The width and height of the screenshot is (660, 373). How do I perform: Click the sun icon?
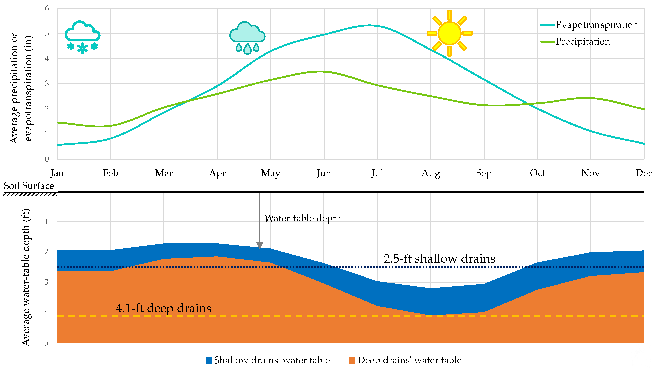pyautogui.click(x=449, y=33)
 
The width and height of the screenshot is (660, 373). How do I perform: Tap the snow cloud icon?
pyautogui.click(x=82, y=37)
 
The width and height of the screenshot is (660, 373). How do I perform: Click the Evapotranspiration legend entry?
pyautogui.click(x=596, y=25)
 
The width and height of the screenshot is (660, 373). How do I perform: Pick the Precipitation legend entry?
pyautogui.click(x=582, y=42)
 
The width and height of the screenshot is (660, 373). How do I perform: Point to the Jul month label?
pyautogui.click(x=377, y=173)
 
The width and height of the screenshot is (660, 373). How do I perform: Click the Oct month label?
pyautogui.click(x=537, y=173)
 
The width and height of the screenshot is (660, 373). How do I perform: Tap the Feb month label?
pyautogui.click(x=110, y=173)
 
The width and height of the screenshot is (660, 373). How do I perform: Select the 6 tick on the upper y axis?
pyautogui.click(x=47, y=9)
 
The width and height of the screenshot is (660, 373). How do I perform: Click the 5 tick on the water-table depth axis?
pyautogui.click(x=46, y=343)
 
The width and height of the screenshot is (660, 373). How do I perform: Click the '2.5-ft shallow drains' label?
pyautogui.click(x=439, y=259)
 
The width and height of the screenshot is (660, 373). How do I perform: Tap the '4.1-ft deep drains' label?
pyautogui.click(x=163, y=308)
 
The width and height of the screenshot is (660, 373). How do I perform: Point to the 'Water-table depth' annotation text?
pyautogui.click(x=303, y=218)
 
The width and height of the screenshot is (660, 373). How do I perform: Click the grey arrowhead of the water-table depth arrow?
pyautogui.click(x=260, y=245)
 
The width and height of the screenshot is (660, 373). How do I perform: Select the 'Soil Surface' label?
pyautogui.click(x=29, y=186)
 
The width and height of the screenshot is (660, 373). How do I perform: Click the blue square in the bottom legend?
pyautogui.click(x=209, y=361)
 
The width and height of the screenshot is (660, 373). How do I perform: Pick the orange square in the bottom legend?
pyautogui.click(x=352, y=361)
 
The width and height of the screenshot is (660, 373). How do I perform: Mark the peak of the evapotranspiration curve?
pyautogui.click(x=369, y=25)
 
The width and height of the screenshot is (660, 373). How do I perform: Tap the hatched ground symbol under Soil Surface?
pyautogui.click(x=30, y=194)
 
